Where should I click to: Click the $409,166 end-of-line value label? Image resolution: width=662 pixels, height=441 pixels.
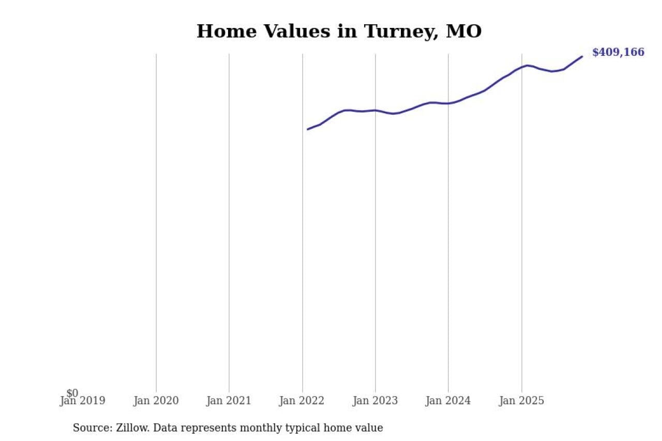coord(618,52)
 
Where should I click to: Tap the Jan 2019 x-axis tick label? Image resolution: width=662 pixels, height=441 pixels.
coord(82,401)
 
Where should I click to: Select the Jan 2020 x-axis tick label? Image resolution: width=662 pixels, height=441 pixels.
coord(156,401)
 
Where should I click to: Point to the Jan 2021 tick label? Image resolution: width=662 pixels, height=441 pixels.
coord(229,401)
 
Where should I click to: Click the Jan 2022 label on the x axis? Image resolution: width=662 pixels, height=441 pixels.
coord(302,401)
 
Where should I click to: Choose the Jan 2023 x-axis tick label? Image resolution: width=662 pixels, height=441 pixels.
coord(375,401)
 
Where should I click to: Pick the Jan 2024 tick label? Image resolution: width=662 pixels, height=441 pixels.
coord(448,401)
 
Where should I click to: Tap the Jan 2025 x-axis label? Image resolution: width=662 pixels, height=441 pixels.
coord(521,401)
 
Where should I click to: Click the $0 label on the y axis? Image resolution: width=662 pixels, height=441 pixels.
coord(72,393)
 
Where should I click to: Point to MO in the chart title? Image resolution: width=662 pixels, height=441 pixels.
coord(463,32)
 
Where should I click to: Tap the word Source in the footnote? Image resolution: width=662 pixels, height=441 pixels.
coord(89,428)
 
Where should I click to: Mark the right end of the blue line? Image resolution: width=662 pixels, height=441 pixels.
coord(582,56)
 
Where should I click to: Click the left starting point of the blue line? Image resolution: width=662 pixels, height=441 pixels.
coord(307,129)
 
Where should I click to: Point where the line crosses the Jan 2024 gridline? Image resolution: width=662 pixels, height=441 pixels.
coord(448,103)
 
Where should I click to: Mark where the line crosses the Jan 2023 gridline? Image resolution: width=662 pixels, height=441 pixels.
coord(375,110)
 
